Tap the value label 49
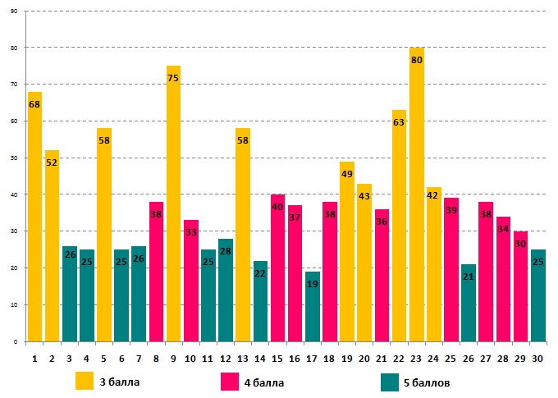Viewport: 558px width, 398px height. [347, 174]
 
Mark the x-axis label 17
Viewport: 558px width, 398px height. [312, 358]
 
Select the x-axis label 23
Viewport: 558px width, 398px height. [416, 358]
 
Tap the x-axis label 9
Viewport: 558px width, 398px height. [173, 358]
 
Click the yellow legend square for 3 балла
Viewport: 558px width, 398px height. [85, 382]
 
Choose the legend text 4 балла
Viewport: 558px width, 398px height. [262, 382]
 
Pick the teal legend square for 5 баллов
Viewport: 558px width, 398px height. [391, 382]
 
